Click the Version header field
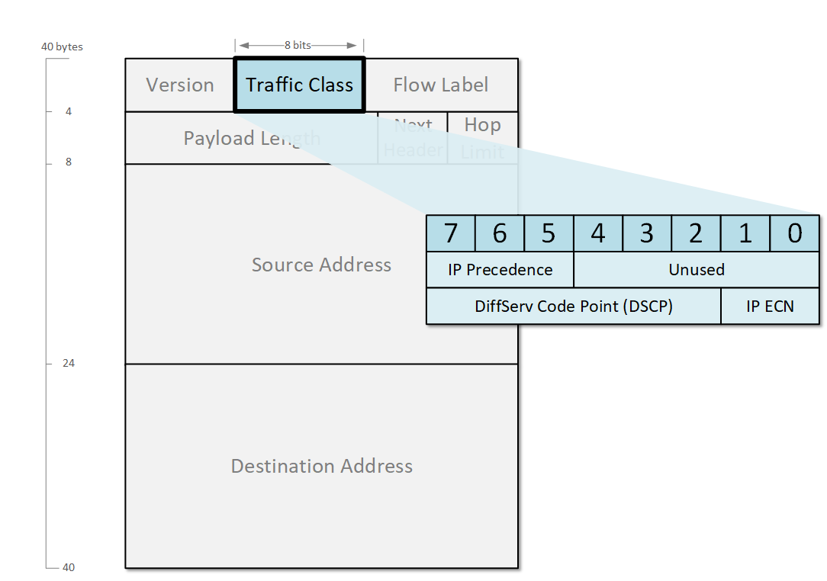[180, 85]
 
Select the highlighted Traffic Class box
[299, 85]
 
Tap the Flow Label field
[441, 85]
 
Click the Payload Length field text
[252, 138]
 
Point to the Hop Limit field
[482, 138]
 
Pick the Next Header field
[413, 138]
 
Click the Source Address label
[321, 265]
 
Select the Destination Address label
[321, 466]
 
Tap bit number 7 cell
[450, 233]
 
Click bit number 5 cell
[549, 233]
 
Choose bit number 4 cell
[597, 233]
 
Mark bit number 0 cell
[794, 233]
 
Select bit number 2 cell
[696, 233]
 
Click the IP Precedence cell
[500, 270]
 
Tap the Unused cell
[697, 270]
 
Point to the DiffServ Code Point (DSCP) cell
[573, 307]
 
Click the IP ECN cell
[770, 307]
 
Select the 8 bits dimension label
[298, 45]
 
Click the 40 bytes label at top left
[62, 47]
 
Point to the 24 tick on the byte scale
[69, 363]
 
